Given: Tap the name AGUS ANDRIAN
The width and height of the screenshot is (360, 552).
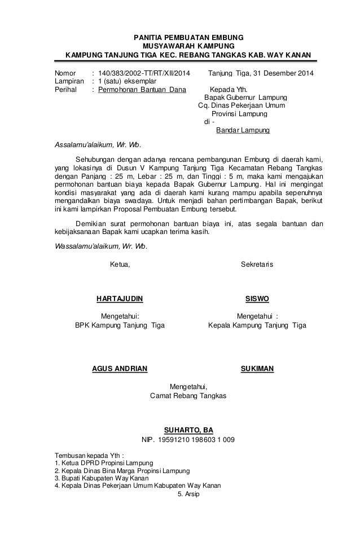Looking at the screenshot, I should (120, 369).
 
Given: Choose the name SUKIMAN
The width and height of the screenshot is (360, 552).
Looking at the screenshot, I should (257, 369).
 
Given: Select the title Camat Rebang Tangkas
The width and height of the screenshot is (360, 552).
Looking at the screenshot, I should (188, 396).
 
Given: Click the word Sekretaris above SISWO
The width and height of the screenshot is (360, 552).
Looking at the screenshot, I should (257, 264).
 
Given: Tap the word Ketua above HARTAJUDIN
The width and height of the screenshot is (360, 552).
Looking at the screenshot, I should (119, 264).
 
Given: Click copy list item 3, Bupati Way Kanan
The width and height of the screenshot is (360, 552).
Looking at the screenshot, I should (96, 478).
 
